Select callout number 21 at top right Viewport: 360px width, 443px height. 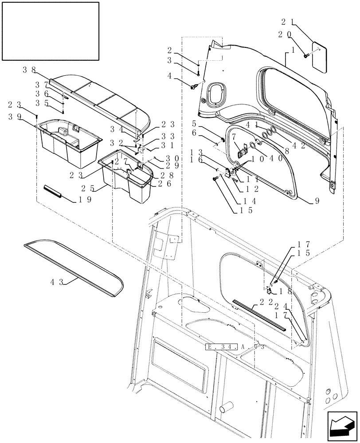tap(286, 21)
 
